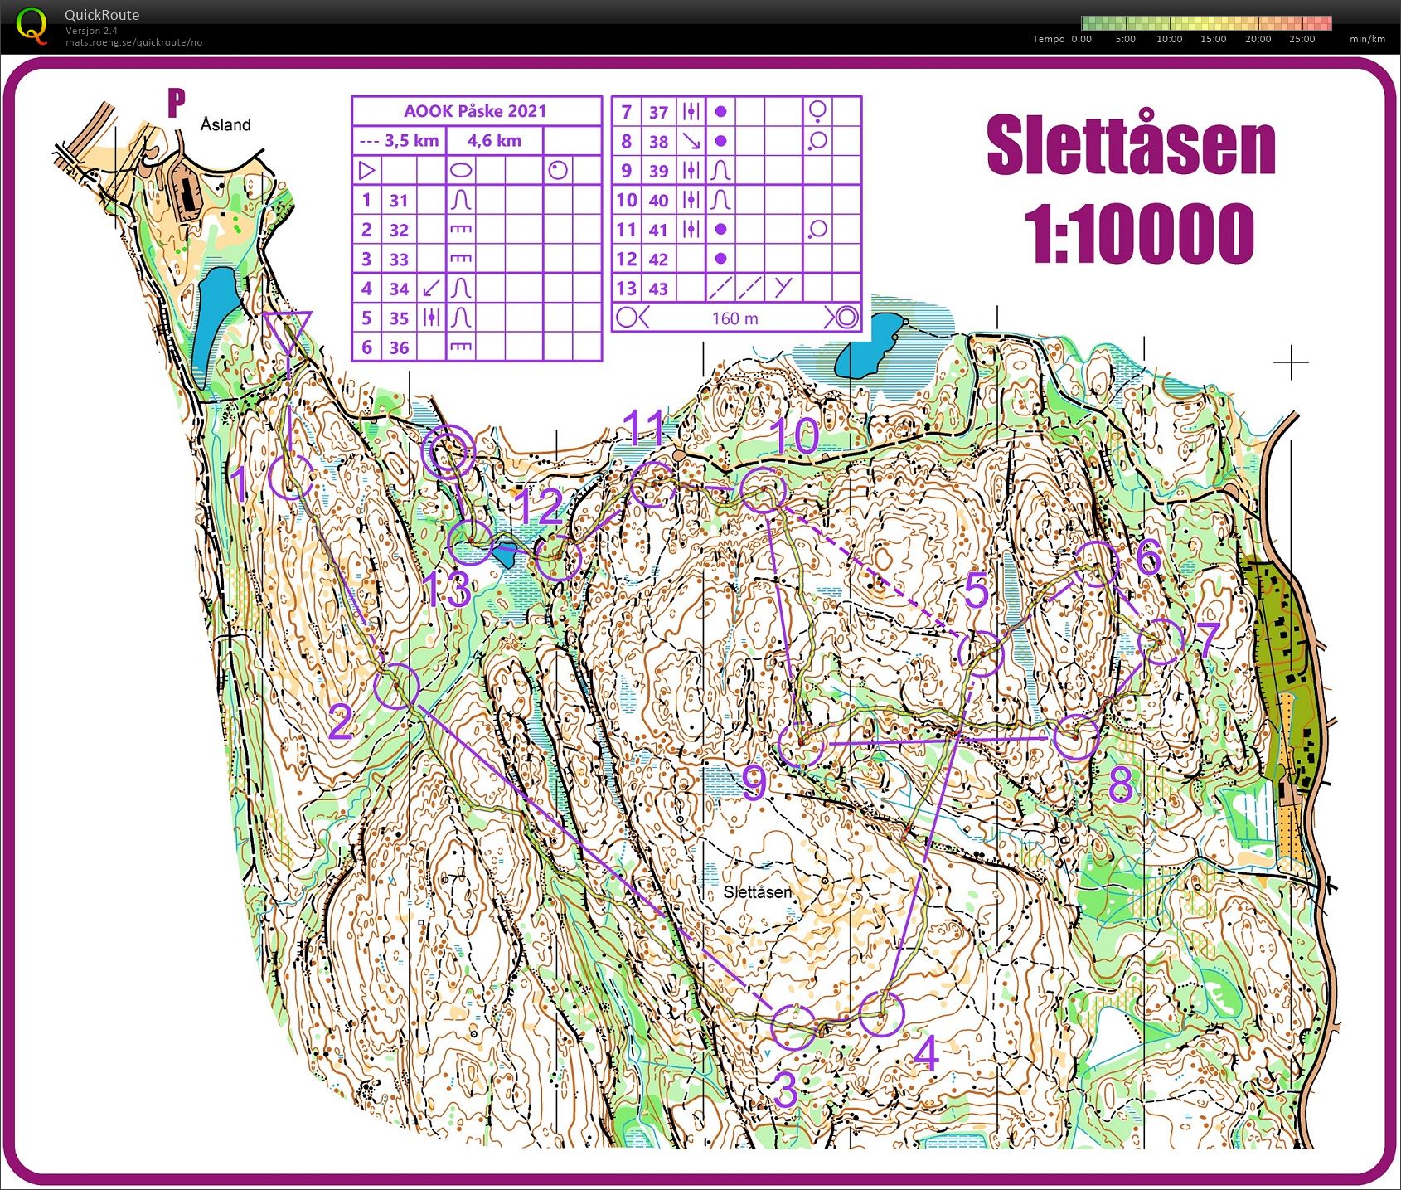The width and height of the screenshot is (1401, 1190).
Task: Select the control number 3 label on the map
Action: (785, 1090)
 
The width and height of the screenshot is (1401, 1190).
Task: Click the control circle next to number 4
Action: (880, 1014)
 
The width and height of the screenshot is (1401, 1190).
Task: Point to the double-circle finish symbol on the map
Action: (448, 452)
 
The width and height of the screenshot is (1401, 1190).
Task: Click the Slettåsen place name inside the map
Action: (757, 892)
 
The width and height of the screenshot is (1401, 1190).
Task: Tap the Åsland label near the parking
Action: (225, 125)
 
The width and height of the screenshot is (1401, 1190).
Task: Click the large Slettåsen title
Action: (1131, 147)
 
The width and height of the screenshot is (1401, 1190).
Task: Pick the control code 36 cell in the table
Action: (399, 348)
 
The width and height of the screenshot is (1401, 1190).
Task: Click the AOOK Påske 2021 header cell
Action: (475, 111)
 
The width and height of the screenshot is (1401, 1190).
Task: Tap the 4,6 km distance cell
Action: (494, 141)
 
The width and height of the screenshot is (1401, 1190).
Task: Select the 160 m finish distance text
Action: (734, 318)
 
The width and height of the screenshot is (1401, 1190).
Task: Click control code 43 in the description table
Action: (658, 289)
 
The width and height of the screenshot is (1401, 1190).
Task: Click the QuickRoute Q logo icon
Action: (32, 25)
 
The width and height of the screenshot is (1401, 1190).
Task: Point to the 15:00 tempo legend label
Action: (1213, 39)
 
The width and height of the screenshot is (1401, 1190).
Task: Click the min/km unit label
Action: (1367, 39)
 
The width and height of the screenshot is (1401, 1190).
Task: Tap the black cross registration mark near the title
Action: (1291, 362)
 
